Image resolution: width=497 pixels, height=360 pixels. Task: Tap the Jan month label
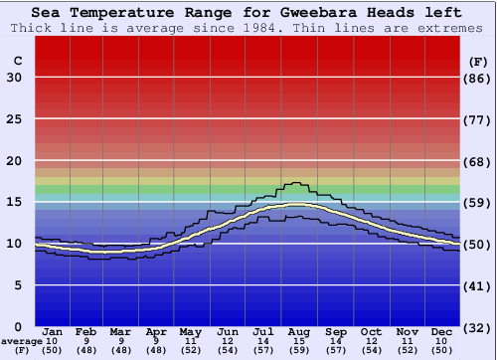pyautogui.click(x=54, y=331)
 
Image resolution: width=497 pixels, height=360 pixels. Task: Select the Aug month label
pyautogui.click(x=299, y=331)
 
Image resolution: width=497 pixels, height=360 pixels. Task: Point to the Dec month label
pyautogui.click(x=443, y=331)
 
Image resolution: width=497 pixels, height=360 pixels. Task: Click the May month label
pyautogui.click(x=190, y=331)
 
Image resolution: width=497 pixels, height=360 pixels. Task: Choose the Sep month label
pyautogui.click(x=335, y=331)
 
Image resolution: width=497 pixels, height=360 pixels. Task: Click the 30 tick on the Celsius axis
pyautogui.click(x=15, y=78)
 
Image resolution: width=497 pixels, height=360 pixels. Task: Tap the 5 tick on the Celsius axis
pyautogui.click(x=18, y=285)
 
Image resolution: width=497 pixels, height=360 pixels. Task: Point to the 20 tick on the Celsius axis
pyautogui.click(x=15, y=160)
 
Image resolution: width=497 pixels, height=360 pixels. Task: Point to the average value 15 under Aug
pyautogui.click(x=299, y=341)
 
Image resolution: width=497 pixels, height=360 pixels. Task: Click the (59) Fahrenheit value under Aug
pyautogui.click(x=299, y=351)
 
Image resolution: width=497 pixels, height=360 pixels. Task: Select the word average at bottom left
pyautogui.click(x=21, y=341)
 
